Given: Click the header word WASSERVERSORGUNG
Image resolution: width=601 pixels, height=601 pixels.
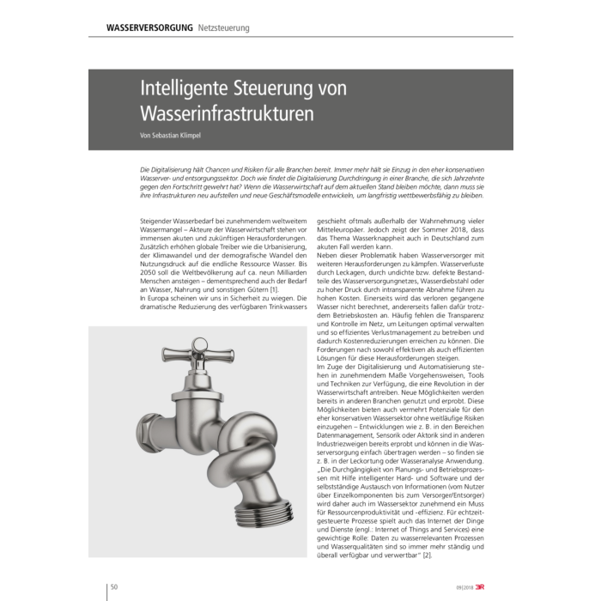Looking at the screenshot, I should pos(149,28).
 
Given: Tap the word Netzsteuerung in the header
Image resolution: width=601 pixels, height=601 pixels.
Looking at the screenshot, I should pos(223,28).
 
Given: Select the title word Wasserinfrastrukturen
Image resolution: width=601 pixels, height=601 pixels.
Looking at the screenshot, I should pos(227,113).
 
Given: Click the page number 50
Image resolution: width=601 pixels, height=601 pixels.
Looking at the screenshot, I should pos(115,587).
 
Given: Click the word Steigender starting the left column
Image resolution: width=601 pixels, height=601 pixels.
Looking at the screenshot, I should pos(160,222).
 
